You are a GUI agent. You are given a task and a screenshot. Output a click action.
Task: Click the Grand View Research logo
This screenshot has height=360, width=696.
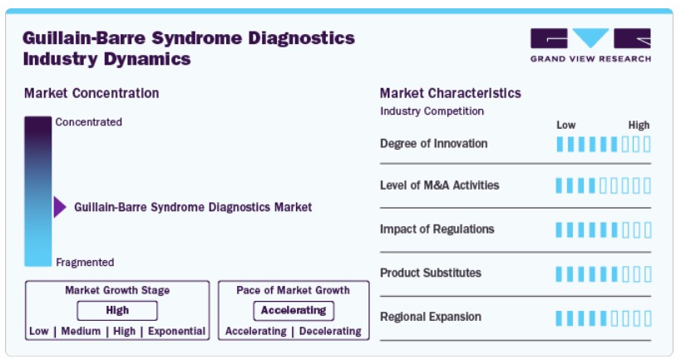coord(590,45)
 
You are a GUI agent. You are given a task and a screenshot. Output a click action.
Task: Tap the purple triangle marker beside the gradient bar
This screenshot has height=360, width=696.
coord(60,207)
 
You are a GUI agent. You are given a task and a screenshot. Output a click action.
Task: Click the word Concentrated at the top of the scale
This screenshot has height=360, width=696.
coord(89,122)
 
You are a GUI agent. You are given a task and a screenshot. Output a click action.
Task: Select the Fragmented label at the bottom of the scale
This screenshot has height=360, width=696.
coord(85,263)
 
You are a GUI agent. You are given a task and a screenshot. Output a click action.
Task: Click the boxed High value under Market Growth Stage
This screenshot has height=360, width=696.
coord(117,310)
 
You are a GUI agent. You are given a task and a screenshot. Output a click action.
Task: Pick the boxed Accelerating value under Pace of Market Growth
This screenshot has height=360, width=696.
coord(294,310)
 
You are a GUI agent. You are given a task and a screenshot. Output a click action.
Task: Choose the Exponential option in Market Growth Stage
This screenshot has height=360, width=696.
coord(176,331)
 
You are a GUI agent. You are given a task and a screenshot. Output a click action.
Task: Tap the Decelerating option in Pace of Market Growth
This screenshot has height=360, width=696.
coord(330,331)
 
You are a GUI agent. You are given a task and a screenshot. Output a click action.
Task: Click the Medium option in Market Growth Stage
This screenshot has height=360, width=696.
coord(81,331)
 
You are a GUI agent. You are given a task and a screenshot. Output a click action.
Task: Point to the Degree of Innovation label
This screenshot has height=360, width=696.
coord(434,144)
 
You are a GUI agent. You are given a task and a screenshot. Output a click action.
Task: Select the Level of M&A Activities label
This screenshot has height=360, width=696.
coord(439,185)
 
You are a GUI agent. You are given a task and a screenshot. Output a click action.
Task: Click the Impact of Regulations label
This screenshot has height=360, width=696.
coord(437,229)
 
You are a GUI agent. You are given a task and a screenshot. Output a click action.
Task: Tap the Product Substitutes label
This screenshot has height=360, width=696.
coord(431,273)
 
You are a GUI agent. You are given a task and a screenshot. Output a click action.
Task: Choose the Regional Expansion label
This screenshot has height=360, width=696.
coord(431,317)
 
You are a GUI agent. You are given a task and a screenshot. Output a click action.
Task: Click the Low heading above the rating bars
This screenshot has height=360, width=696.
coord(566,126)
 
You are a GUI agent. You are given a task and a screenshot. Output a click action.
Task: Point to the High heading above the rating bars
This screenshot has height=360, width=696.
coord(639,126)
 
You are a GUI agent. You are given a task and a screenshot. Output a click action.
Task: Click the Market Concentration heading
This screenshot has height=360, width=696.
coord(91,93)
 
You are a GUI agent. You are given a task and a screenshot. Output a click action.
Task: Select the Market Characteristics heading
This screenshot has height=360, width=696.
coord(451,93)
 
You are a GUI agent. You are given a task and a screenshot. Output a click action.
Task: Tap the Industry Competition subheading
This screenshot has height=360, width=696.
coord(432,111)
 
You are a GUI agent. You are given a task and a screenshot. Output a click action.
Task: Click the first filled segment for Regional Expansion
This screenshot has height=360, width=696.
coord(559,318)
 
